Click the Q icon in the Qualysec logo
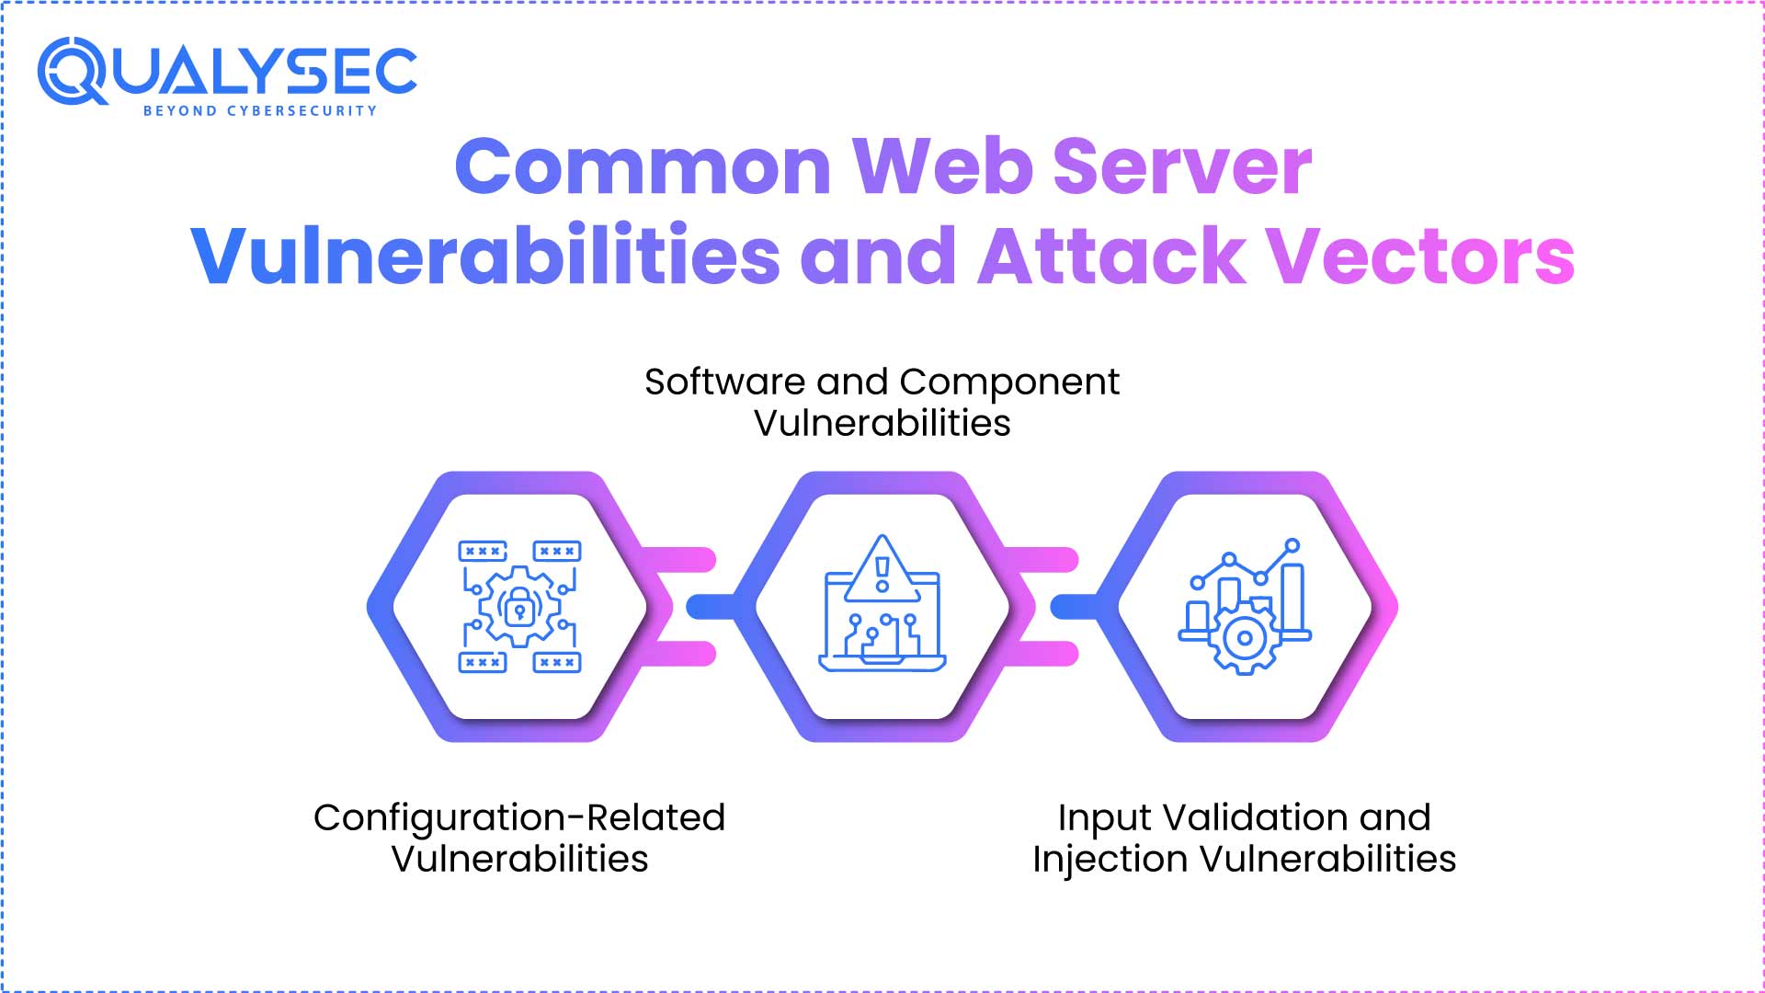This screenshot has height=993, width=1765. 72,71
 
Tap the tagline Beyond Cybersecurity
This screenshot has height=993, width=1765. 260,111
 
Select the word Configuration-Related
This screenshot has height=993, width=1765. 519,817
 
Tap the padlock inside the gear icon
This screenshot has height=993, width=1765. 519,608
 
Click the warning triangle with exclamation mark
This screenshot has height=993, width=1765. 882,570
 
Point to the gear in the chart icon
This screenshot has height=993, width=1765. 1245,637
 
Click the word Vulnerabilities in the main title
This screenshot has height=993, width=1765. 486,255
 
